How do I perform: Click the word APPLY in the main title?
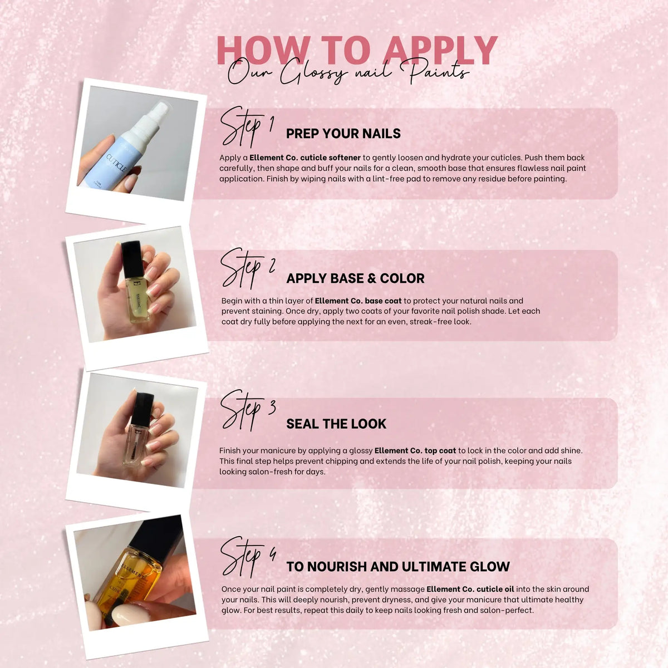(441, 51)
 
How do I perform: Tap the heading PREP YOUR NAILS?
(343, 134)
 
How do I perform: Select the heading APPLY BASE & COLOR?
(355, 278)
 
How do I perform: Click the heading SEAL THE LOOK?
(336, 424)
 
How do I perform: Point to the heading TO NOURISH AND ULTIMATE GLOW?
(398, 567)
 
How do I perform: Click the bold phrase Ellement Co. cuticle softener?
(305, 158)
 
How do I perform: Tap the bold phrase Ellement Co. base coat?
(358, 301)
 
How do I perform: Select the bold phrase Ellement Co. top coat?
(415, 451)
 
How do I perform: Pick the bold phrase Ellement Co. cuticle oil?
(470, 589)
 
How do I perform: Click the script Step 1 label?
(247, 127)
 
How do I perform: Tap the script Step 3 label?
(248, 411)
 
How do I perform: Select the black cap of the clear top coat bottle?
(143, 409)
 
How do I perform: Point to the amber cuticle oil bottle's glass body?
(127, 576)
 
